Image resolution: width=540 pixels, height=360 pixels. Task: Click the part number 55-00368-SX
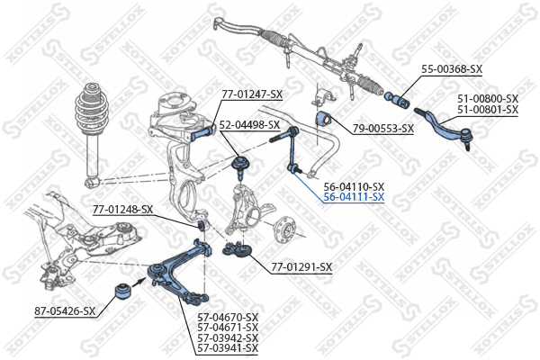(452, 69)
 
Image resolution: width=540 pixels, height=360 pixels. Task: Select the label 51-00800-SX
(488, 99)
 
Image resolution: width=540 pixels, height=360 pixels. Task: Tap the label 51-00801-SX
(488, 110)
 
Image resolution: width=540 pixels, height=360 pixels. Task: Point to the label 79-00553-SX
(383, 129)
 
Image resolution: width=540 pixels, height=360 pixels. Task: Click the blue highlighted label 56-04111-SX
(354, 197)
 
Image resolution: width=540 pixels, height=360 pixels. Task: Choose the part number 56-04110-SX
(354, 187)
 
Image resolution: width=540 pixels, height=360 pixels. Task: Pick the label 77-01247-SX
(252, 94)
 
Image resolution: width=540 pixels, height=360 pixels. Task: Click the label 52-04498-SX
(249, 125)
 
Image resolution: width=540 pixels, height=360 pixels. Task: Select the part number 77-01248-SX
(122, 210)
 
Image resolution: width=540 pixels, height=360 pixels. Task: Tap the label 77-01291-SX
(301, 267)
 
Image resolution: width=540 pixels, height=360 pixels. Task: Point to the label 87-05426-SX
(65, 311)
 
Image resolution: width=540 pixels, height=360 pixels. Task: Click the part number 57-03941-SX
(228, 348)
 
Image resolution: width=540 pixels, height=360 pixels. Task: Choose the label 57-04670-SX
(228, 318)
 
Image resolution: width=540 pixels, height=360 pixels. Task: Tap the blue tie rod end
(445, 128)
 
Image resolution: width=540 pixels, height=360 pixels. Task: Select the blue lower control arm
(179, 272)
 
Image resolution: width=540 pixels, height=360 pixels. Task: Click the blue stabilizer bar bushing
(323, 119)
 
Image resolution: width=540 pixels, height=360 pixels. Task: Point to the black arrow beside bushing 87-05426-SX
(139, 282)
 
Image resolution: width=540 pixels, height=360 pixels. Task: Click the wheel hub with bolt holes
(285, 229)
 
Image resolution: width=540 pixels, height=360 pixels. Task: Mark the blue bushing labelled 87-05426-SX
(121, 292)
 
